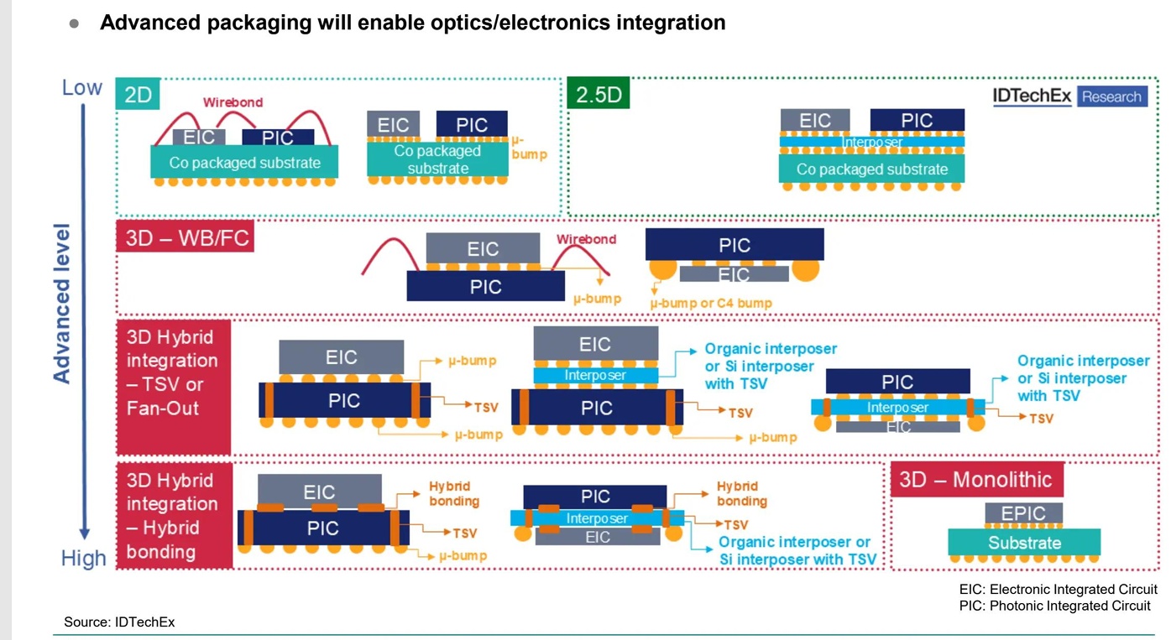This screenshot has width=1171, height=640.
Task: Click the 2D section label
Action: [138, 94]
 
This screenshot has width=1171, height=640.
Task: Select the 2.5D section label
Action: [599, 94]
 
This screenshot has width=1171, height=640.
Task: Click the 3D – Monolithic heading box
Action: [976, 480]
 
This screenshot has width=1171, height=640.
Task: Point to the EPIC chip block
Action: [1023, 513]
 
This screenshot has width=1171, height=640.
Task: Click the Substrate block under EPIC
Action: [1024, 542]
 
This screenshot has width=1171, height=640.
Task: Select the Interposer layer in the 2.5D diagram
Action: [872, 142]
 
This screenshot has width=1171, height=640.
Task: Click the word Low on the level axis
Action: [81, 87]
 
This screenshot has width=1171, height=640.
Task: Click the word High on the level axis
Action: [83, 558]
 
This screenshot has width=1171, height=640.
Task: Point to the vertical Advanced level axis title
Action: [62, 302]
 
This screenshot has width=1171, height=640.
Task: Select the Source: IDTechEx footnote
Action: [119, 622]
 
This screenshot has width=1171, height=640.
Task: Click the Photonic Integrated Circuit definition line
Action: [1054, 606]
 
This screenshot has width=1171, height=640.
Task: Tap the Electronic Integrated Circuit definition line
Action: [1058, 589]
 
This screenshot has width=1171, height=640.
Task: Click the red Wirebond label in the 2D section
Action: [233, 102]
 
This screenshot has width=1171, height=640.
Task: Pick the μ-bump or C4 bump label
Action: [711, 303]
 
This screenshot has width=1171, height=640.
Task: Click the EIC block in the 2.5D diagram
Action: [814, 120]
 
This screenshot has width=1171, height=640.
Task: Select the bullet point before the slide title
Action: [74, 24]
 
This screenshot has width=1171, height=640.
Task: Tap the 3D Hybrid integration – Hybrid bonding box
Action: [173, 516]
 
